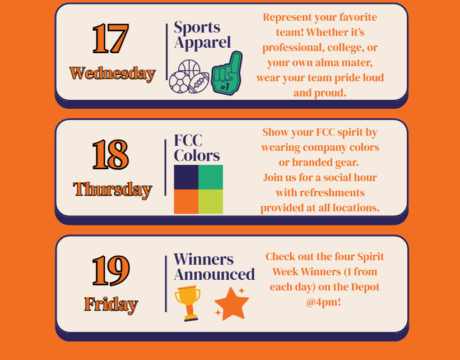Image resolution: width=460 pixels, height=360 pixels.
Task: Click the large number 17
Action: (110, 39)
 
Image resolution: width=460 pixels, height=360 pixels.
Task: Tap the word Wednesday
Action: (113, 73)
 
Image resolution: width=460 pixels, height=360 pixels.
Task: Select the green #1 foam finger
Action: (227, 73)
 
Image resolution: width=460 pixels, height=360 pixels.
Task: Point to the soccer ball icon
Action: (179, 82)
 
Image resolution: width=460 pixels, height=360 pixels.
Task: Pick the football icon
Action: (199, 83)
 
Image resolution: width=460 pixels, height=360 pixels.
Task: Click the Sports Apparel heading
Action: (202, 35)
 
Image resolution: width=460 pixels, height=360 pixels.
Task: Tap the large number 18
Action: (110, 154)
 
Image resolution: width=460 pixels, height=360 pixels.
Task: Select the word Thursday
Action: (113, 190)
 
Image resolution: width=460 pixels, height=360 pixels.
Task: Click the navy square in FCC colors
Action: (186, 177)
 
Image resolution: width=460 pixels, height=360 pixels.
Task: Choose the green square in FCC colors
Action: (211, 177)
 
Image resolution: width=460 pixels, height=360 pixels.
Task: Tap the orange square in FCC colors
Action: (186, 201)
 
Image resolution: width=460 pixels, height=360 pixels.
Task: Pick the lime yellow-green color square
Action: (211, 201)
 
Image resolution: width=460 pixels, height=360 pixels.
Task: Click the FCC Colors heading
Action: (197, 147)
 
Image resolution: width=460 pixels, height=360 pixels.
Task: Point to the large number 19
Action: (110, 270)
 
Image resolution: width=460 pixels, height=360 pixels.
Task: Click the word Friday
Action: (111, 304)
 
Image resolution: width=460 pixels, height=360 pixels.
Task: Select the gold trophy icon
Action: (188, 303)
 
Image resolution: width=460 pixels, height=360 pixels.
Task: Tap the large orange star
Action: (232, 304)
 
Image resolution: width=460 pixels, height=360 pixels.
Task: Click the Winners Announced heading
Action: (214, 266)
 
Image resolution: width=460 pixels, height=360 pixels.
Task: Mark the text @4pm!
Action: (324, 302)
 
